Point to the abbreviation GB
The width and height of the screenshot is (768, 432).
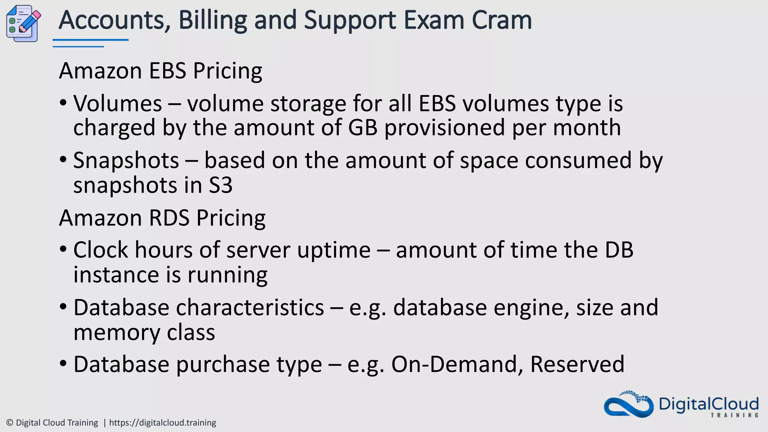tap(362, 127)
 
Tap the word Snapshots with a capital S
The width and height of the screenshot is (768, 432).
tap(126, 160)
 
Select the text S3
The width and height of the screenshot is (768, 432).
tap(220, 185)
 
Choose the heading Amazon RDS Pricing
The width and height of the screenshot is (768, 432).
tap(162, 218)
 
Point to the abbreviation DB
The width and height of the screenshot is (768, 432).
tap(619, 250)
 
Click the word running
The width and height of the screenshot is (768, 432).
tap(227, 275)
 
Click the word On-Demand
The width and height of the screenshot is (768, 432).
tap(457, 364)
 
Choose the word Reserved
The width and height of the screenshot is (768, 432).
tap(577, 364)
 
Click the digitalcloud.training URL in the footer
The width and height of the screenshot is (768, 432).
tap(162, 423)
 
